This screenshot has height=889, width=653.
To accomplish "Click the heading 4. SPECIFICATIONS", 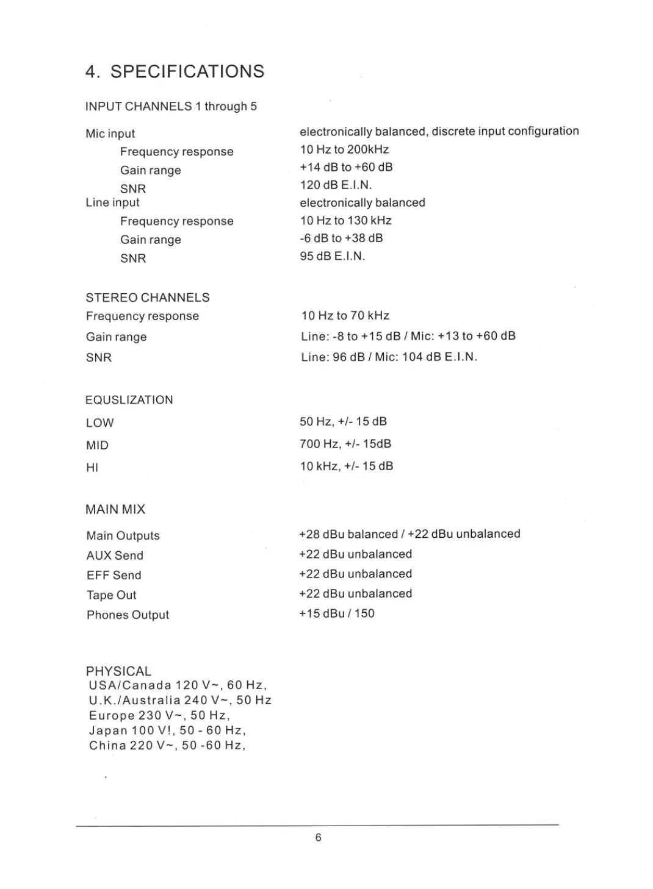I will pos(175,71).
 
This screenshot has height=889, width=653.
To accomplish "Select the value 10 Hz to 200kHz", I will pos(344,149).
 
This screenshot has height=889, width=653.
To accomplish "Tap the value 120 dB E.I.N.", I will pos(336,185).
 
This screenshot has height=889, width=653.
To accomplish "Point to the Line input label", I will pos(112,202).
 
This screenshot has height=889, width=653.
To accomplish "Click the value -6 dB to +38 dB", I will pos(341,238).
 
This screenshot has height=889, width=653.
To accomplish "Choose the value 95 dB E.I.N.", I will pos(332,256).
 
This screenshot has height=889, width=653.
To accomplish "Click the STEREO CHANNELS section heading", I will pos(148,298).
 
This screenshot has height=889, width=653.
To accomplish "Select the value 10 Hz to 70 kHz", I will pos(345,315).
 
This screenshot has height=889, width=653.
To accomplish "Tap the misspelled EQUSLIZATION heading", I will pos(129,400).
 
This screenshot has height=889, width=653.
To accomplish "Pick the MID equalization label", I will pos(97,445).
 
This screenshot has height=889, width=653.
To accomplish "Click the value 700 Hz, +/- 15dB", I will pos(345,444).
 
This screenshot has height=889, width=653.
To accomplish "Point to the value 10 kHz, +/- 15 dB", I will pos(346,466).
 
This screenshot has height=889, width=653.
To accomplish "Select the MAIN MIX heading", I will pos(115,509).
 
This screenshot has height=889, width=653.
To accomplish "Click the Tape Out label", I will pos(112,595).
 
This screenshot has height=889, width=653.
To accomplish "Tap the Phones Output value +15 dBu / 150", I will pos(336,613).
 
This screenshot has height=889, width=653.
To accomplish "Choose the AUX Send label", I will pos(115,555).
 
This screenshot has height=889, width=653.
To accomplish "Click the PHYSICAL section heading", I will pos(118,671).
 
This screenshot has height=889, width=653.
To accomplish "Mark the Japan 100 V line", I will pos(167,730).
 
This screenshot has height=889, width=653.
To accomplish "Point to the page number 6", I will pos(318,837).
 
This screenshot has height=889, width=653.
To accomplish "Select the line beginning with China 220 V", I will pos(167,745).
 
